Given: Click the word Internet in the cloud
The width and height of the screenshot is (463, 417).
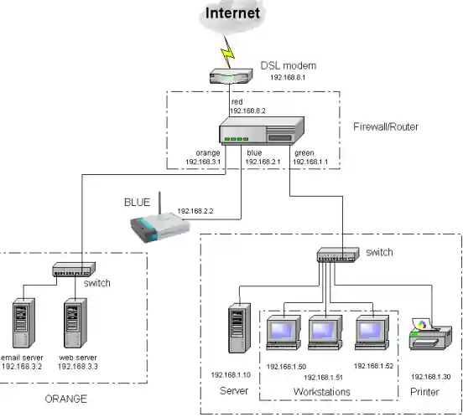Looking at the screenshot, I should (x=231, y=14).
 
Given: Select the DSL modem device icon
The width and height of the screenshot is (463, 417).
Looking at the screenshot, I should (x=231, y=76).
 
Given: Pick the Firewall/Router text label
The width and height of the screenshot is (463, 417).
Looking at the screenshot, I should (x=386, y=126).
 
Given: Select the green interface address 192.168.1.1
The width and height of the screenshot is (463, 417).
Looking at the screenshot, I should (x=312, y=162).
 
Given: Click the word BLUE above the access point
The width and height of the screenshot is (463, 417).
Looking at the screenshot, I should (x=138, y=202).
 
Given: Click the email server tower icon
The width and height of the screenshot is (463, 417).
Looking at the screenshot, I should (x=23, y=322).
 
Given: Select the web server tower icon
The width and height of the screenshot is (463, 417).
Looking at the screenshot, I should (x=76, y=322).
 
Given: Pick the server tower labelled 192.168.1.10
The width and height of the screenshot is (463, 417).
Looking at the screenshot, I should (x=240, y=330).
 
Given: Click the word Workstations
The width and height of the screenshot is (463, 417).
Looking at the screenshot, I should (x=322, y=392).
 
